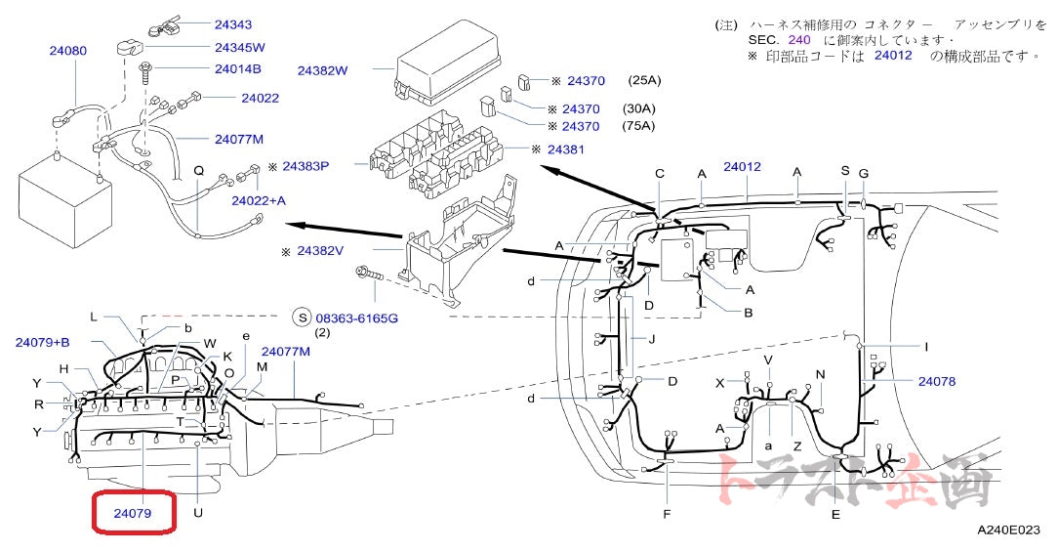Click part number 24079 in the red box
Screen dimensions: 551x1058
pos(134,512)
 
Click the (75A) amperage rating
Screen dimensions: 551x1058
pos(639,126)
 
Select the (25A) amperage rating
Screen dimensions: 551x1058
pos(644,80)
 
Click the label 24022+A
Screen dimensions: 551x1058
pos(259,200)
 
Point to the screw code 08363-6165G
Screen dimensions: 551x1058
pos(356,318)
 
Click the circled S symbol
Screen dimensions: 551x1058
pos(302,318)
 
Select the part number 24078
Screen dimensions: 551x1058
pos(936,380)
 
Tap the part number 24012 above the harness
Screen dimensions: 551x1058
pos(742,167)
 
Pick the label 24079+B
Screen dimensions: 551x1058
pos(42,342)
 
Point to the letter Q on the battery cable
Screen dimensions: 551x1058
pos(198,170)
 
